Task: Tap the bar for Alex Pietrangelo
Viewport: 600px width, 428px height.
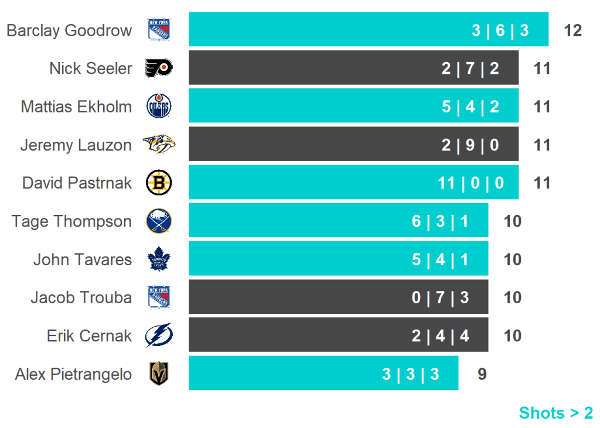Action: coord(323,374)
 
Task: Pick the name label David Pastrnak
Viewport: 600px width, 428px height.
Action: coord(77,183)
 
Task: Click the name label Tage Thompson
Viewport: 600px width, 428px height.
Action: coord(71,221)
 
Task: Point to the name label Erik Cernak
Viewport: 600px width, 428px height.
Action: coord(89,335)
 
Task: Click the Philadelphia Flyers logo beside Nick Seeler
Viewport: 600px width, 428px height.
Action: coord(159,68)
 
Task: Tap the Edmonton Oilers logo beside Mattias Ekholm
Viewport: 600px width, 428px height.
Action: coord(159,107)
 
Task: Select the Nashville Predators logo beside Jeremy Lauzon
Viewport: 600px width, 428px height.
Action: coord(159,145)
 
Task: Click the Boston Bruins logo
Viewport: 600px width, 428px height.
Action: coord(159,183)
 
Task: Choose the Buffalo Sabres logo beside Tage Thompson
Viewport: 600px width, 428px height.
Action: coord(159,221)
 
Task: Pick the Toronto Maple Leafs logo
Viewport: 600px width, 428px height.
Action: coord(159,259)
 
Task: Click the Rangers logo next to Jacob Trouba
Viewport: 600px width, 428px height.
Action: coord(159,297)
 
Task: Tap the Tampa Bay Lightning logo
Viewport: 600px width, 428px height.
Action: coord(159,335)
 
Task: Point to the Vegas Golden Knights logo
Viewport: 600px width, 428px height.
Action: coord(159,374)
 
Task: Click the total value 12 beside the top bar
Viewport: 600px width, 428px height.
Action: coord(572,30)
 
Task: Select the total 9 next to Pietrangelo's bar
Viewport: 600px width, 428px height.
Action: coord(482,374)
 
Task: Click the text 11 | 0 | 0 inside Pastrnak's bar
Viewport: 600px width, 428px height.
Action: coord(471,183)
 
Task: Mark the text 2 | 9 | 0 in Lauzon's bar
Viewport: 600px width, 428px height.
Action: coord(471,145)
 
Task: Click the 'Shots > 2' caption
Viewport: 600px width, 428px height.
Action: coord(555,413)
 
